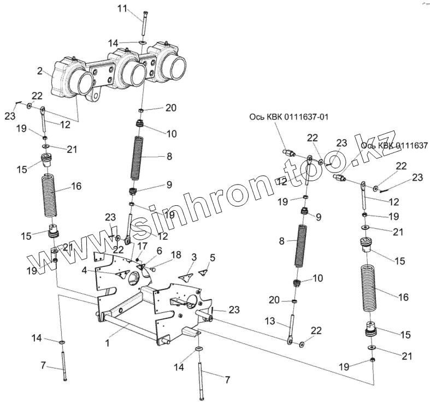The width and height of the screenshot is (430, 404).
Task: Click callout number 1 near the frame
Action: click(108, 344)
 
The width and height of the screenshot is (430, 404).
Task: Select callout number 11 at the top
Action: click(121, 8)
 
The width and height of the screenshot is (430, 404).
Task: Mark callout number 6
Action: click(159, 250)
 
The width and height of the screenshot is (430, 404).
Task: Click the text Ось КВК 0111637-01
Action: click(289, 116)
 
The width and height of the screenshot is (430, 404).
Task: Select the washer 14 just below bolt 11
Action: click(142, 42)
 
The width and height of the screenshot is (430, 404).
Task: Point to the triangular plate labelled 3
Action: click(189, 268)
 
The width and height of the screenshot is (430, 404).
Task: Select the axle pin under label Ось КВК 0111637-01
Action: click(287, 153)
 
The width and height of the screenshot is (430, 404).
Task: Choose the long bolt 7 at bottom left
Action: click(64, 364)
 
